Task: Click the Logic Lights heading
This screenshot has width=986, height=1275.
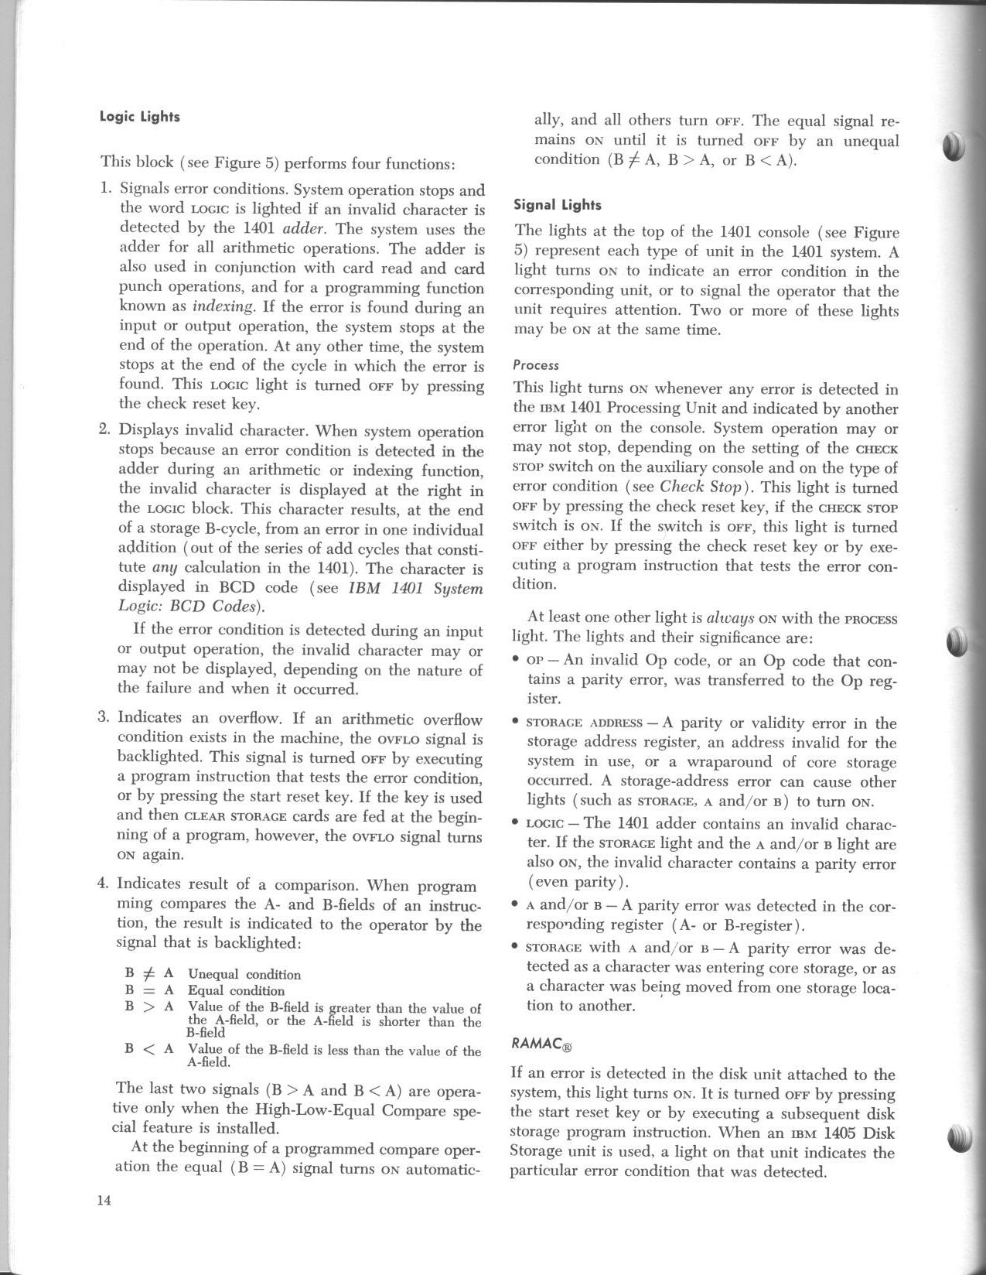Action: tap(139, 117)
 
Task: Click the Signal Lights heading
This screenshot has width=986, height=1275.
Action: tap(558, 205)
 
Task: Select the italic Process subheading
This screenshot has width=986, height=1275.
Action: tap(535, 365)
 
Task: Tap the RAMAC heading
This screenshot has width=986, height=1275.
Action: tap(541, 1044)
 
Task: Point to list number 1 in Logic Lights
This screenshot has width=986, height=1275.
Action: tap(107, 189)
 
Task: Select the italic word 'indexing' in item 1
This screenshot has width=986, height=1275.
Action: tap(223, 306)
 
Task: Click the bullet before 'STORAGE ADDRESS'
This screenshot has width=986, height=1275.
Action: tap(516, 723)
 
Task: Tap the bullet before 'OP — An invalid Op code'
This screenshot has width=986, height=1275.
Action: tap(516, 660)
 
